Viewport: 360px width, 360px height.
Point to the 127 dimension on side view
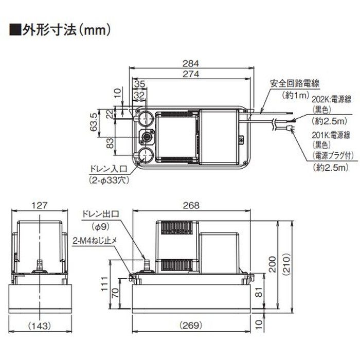tap(39, 205)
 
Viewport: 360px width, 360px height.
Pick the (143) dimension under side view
tap(39, 326)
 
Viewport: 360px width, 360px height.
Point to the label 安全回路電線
tap(292, 82)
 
